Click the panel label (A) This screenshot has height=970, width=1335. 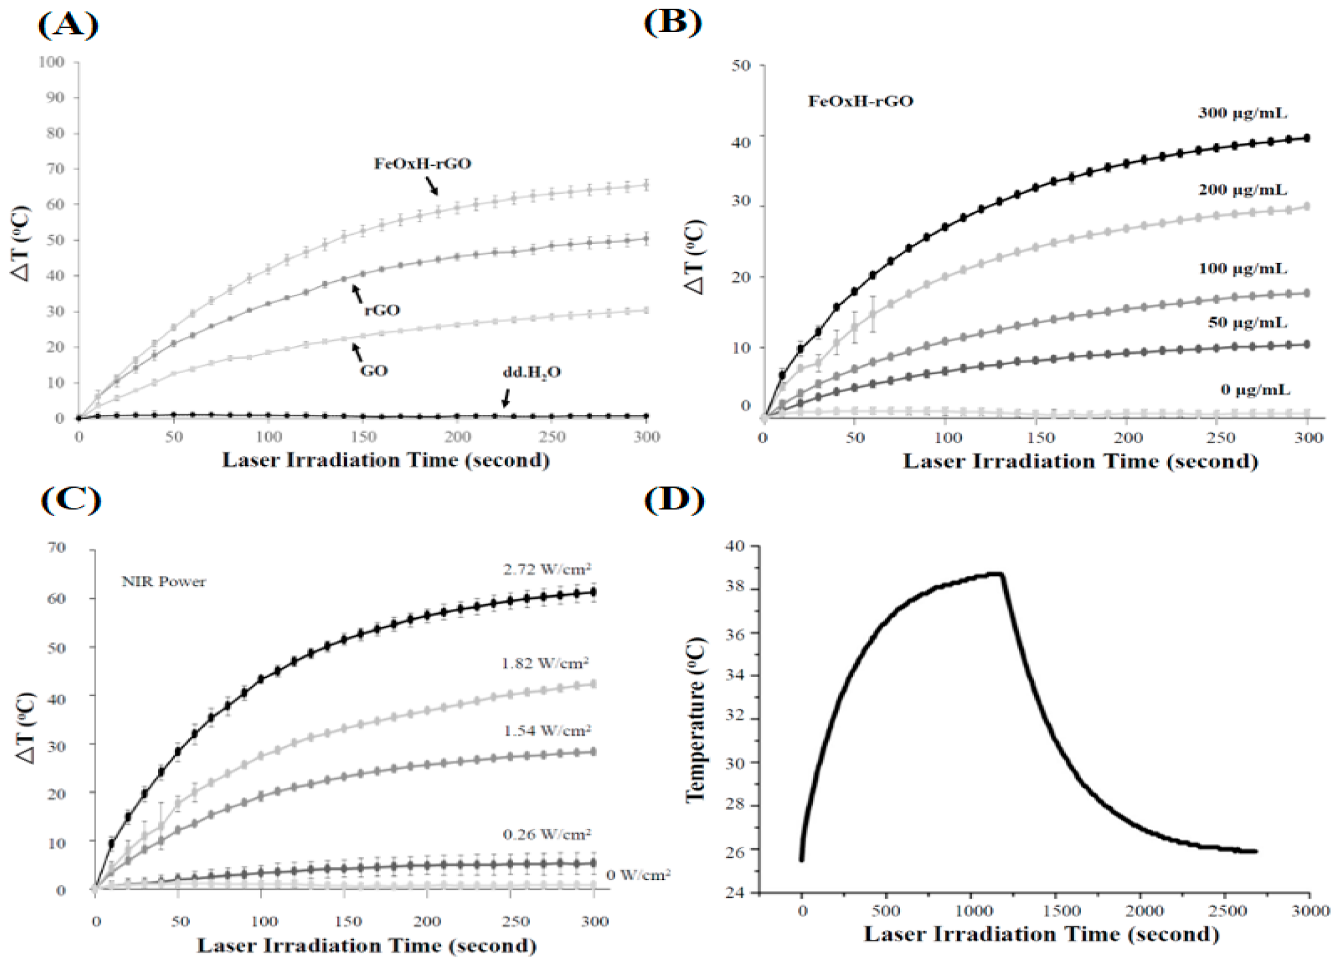[68, 25]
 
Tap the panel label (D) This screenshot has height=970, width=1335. [674, 500]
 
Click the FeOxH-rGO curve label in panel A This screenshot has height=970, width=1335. [422, 163]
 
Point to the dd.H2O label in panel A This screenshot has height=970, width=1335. [531, 372]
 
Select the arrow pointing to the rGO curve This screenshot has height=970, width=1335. [357, 294]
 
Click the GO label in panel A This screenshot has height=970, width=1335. [374, 371]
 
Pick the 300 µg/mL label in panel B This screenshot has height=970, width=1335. [1242, 113]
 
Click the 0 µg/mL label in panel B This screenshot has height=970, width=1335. [1254, 390]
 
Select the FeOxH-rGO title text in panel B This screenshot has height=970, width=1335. [860, 101]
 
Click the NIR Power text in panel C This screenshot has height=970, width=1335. [163, 581]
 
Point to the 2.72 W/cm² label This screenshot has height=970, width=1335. [547, 568]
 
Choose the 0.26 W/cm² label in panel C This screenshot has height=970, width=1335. [547, 834]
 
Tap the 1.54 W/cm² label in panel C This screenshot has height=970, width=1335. [547, 730]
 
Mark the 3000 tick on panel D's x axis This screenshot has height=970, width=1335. [1310, 911]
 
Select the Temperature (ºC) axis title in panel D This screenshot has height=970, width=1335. [695, 719]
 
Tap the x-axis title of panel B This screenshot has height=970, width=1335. [1080, 461]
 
